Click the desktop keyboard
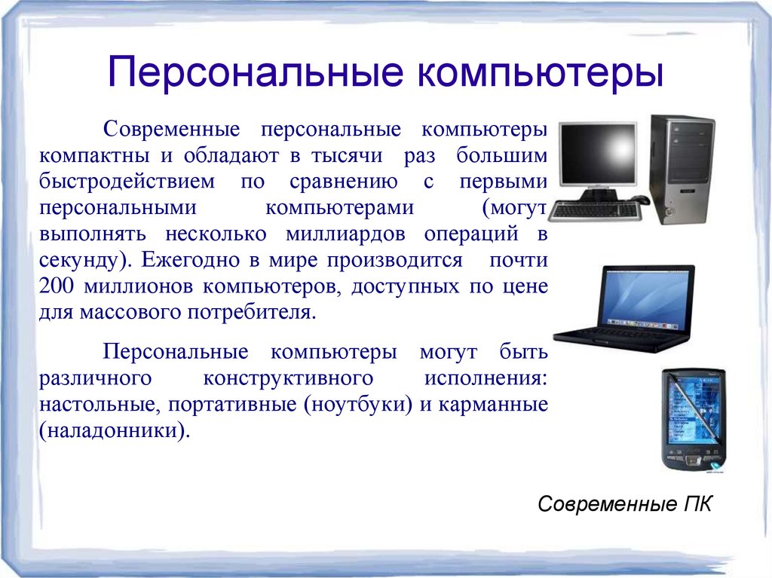point(595,210)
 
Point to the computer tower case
point(682,169)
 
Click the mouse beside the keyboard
point(641,199)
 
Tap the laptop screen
point(646,297)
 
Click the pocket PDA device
point(694,420)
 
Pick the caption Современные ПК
point(624,503)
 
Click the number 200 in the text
point(56,286)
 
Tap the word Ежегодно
point(191,259)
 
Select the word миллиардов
point(345,234)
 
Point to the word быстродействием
point(127,181)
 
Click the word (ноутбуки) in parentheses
point(358,404)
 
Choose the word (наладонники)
point(115,430)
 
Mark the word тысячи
point(347,155)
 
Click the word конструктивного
point(288,378)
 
